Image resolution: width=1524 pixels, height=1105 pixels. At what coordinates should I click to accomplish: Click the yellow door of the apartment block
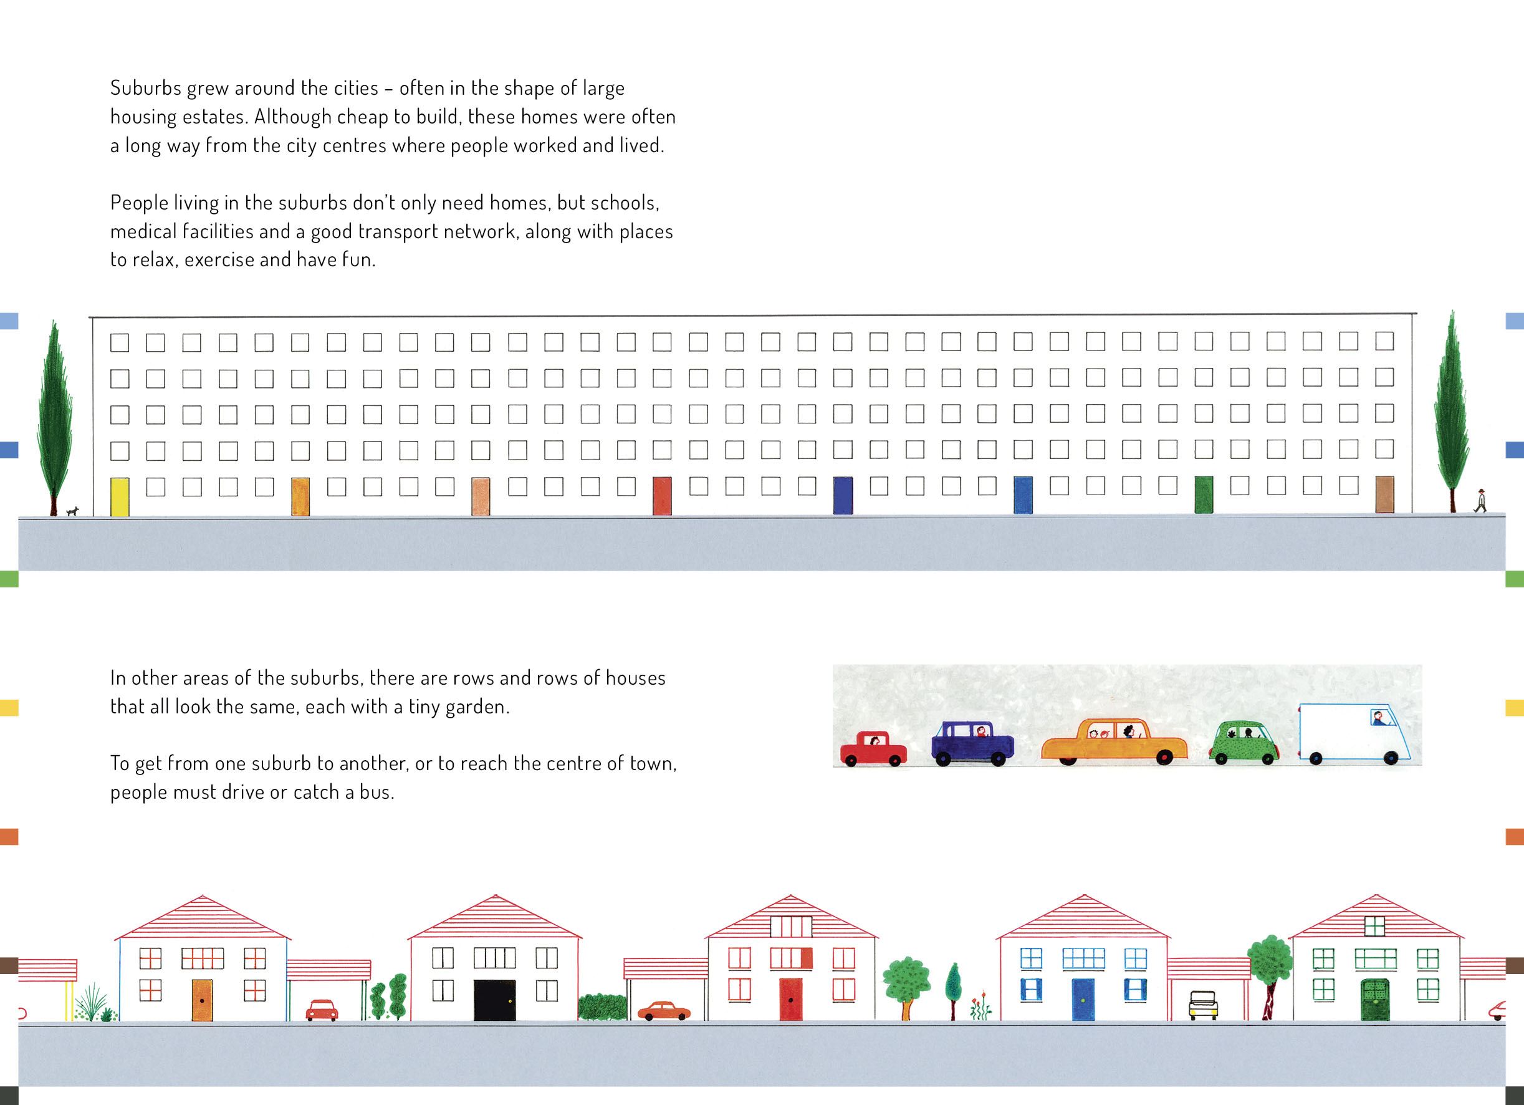coord(120,497)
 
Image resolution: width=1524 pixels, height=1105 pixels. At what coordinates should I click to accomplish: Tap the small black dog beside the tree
coord(72,511)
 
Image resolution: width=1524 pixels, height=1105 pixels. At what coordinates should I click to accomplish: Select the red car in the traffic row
coord(873,749)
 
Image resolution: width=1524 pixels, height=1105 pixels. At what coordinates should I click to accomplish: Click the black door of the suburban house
coord(494,1000)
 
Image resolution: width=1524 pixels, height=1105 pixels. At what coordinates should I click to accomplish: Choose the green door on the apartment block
coord(1204,495)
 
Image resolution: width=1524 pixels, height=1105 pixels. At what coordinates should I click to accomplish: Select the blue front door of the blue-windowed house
coord(1083,1000)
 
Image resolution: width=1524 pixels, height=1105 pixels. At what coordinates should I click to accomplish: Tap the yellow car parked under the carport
coord(1203,1005)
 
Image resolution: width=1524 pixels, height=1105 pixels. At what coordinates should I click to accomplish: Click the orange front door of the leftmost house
coord(201,1000)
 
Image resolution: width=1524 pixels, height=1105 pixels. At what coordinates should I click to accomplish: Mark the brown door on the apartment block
coord(1384,495)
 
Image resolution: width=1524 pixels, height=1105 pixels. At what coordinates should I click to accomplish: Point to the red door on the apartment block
coord(662,496)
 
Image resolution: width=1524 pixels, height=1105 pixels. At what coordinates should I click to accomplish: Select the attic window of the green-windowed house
coord(1374,926)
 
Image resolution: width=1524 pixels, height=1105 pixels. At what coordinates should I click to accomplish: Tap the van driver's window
coord(1381,718)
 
